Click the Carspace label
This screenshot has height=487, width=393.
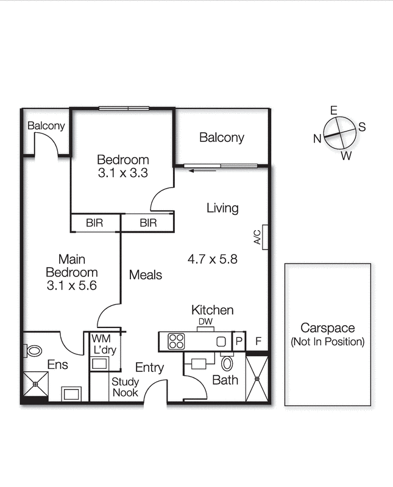[327, 328]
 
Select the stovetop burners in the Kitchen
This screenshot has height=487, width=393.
[176, 342]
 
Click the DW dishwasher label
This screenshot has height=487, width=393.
[204, 322]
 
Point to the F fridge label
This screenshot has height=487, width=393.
[258, 342]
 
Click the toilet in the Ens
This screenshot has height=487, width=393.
[33, 351]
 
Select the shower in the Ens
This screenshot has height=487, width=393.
[35, 384]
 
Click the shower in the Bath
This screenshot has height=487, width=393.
[257, 379]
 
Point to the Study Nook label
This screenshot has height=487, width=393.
[125, 387]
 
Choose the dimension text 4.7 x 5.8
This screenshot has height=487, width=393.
[212, 259]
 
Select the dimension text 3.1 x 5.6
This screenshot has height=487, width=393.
[71, 284]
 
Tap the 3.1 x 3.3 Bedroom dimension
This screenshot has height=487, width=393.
[123, 172]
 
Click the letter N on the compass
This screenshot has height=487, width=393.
[317, 138]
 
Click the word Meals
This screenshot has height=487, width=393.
[146, 275]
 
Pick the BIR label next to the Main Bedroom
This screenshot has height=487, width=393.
[94, 223]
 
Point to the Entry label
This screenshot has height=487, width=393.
[149, 368]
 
